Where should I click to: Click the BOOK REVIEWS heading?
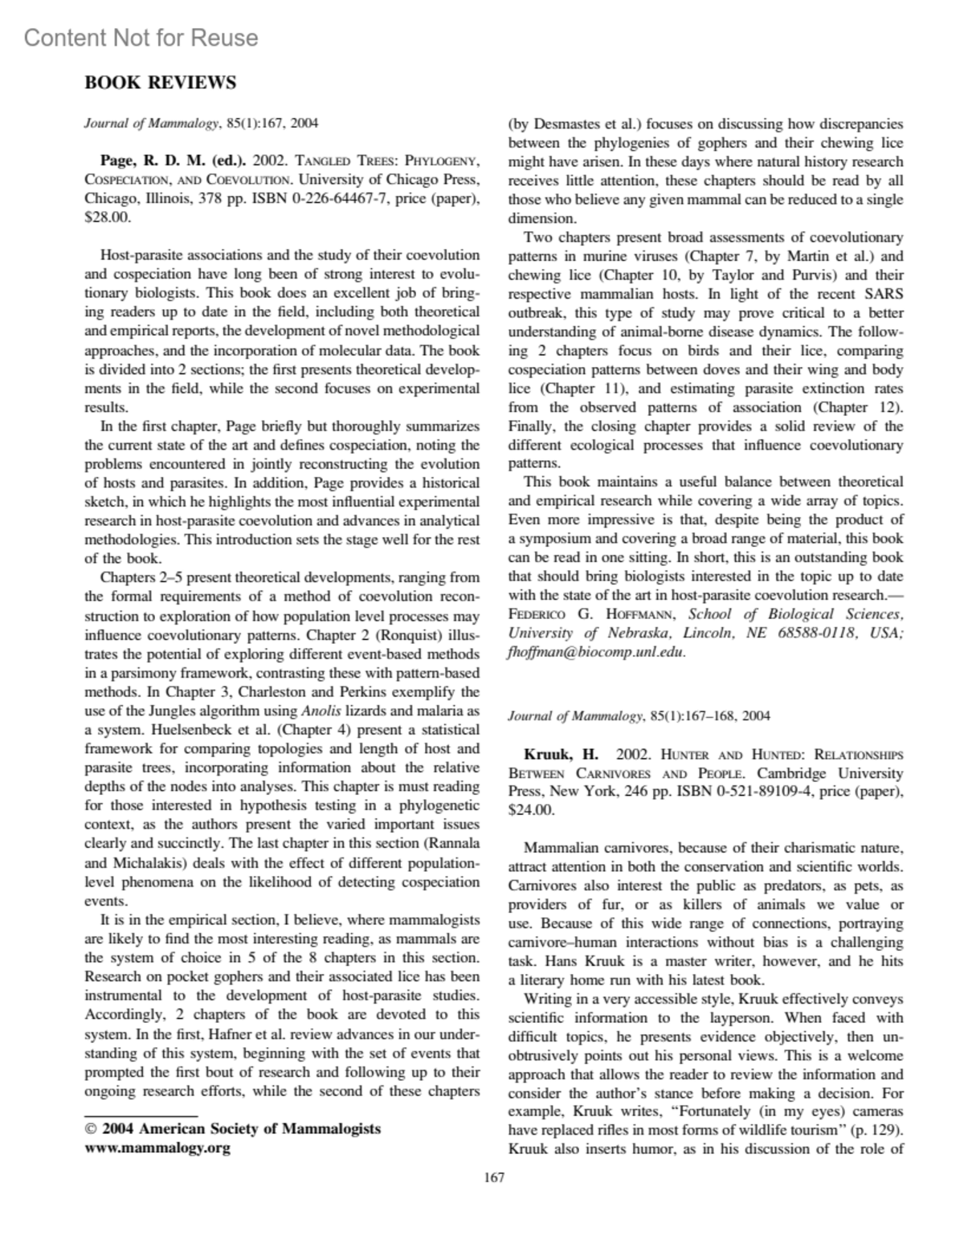[161, 83]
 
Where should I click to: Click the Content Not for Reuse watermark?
[141, 38]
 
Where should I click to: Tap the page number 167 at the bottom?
[494, 1178]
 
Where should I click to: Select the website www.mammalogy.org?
[157, 1147]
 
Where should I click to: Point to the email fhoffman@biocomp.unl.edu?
[597, 652]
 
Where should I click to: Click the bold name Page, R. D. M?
[152, 161]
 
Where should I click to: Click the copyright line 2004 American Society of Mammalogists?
[240, 1128]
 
